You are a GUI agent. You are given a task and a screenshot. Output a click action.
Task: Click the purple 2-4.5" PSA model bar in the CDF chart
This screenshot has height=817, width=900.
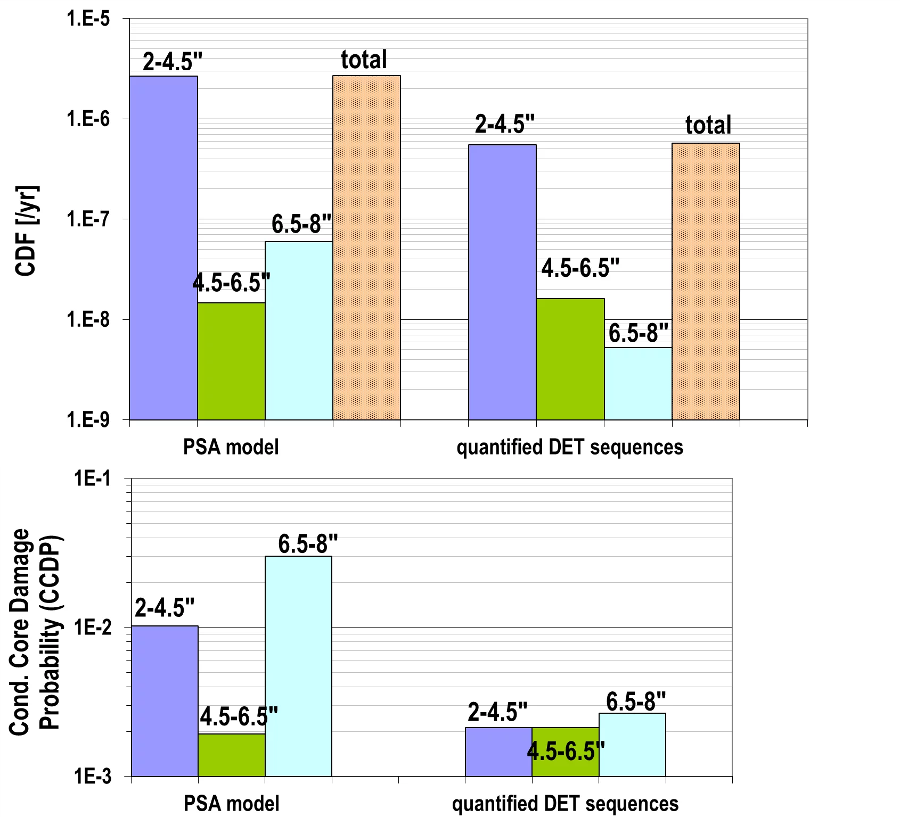pyautogui.click(x=163, y=247)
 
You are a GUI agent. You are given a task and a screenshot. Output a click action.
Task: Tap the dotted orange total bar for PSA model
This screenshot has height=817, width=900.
pyautogui.click(x=366, y=247)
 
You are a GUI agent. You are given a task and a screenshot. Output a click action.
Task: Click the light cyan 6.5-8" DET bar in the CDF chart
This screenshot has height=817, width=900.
pyautogui.click(x=638, y=383)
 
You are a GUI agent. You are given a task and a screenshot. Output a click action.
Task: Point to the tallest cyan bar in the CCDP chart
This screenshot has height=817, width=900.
pyautogui.click(x=298, y=665)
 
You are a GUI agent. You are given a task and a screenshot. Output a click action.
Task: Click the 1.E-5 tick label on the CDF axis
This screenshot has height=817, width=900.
pyautogui.click(x=88, y=19)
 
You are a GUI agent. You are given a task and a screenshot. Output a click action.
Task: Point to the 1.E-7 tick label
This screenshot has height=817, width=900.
pyautogui.click(x=88, y=219)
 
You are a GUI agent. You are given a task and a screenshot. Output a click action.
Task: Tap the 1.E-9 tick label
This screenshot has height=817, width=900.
pyautogui.click(x=88, y=420)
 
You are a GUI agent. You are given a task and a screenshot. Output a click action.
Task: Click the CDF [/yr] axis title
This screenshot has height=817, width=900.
pyautogui.click(x=26, y=230)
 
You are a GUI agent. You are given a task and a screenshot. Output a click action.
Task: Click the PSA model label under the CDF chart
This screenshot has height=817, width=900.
pyautogui.click(x=231, y=447)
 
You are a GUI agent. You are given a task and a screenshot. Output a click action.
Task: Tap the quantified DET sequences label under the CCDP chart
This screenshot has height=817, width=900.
pyautogui.click(x=565, y=804)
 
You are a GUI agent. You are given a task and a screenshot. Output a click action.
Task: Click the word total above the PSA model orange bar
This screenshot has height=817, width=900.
pyautogui.click(x=364, y=60)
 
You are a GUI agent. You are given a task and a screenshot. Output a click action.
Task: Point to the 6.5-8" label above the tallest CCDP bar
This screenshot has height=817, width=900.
pyautogui.click(x=308, y=544)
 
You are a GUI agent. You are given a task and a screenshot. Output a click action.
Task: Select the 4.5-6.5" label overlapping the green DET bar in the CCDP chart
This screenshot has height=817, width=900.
pyautogui.click(x=566, y=751)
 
